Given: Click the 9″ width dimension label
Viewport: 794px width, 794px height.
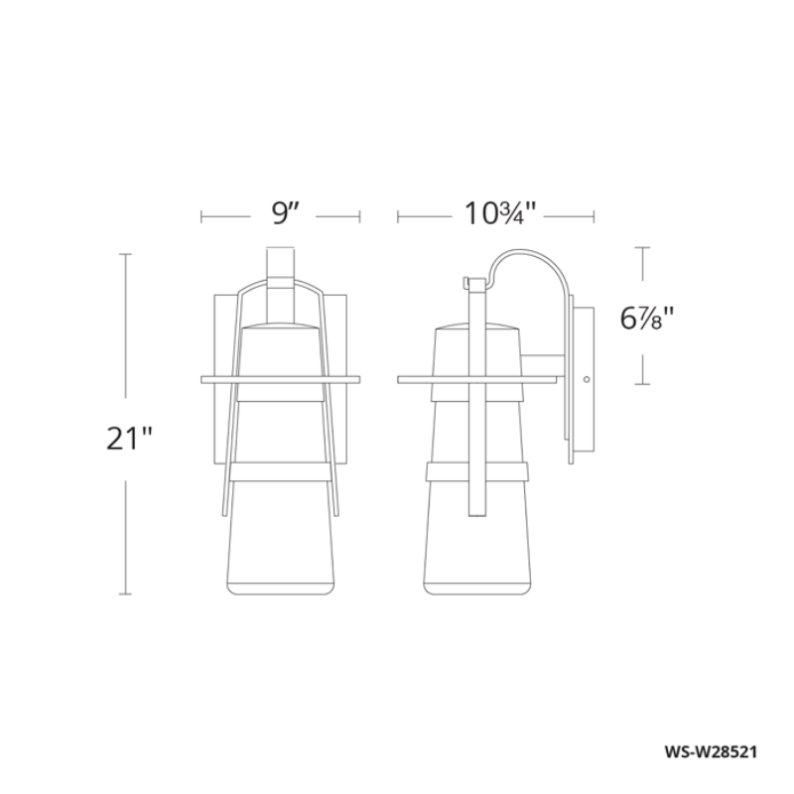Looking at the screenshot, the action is tap(285, 213).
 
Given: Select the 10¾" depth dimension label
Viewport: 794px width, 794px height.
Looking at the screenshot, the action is tap(498, 213).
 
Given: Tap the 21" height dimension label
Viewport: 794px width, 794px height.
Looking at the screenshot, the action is tap(128, 438).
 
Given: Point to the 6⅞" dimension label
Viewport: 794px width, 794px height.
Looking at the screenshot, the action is tap(647, 319).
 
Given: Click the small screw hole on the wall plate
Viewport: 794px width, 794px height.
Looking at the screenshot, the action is tap(587, 379).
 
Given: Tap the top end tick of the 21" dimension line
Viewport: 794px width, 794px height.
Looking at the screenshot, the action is tap(125, 254).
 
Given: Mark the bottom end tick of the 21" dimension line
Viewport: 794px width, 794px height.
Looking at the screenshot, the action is tap(125, 594).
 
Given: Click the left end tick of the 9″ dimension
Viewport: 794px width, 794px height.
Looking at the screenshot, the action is tap(201, 217).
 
